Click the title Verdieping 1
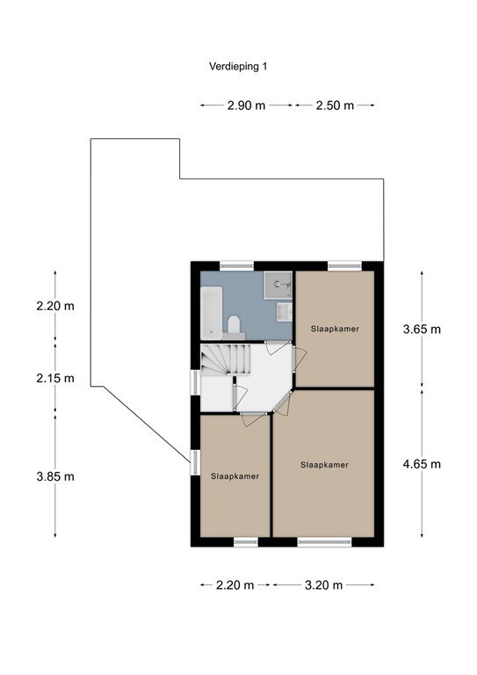(238, 66)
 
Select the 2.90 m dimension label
(246, 105)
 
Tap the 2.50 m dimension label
(335, 105)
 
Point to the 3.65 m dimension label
(422, 330)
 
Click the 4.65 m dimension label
(422, 464)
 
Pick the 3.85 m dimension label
(55, 476)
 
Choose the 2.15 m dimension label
(55, 379)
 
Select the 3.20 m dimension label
(323, 585)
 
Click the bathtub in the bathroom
(212, 313)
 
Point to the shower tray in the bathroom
(278, 285)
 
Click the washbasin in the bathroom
(284, 312)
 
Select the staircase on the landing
(226, 359)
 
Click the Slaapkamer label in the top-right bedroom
(335, 329)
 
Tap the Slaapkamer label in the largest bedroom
(324, 465)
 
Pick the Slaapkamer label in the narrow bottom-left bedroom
(235, 476)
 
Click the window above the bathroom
(236, 266)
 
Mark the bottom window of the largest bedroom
(324, 542)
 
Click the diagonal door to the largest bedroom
(282, 402)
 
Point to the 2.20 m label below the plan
(235, 585)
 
